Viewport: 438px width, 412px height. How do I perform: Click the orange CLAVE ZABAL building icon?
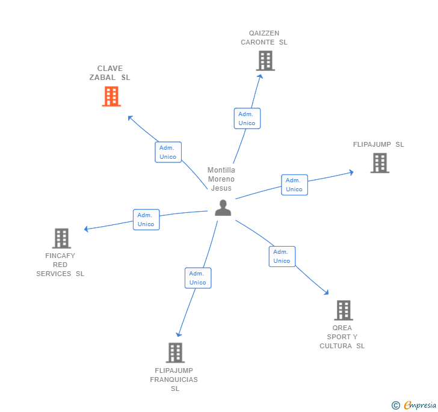(x=111, y=96)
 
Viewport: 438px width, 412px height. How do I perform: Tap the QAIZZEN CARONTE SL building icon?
(x=265, y=61)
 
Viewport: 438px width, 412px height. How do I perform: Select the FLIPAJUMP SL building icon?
(x=380, y=163)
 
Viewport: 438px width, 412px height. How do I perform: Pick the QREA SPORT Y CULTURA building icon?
(x=343, y=310)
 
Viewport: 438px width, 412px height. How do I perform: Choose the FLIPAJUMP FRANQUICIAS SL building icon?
(x=174, y=352)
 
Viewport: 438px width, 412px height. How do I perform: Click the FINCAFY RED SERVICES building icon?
(x=61, y=238)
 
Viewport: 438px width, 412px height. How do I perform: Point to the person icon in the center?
(x=223, y=208)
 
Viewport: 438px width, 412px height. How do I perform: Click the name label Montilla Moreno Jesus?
(x=221, y=179)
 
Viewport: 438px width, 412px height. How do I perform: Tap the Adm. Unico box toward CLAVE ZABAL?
(x=168, y=152)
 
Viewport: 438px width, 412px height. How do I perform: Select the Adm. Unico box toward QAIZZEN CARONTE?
(x=247, y=118)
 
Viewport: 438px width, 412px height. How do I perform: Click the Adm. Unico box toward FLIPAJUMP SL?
(x=294, y=185)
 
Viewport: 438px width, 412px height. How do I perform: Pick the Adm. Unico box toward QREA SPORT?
(x=282, y=256)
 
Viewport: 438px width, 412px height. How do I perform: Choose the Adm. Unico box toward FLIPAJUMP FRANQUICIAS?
(x=197, y=278)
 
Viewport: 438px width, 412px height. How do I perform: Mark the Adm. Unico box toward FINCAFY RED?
(x=146, y=220)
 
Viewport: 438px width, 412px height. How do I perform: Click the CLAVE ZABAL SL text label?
(x=109, y=73)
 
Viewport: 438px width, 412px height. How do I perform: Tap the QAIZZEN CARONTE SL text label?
(x=264, y=38)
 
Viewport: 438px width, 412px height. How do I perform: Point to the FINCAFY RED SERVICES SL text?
(x=60, y=265)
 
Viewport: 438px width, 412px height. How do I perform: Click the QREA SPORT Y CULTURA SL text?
(x=342, y=337)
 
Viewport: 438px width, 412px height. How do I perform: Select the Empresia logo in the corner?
(x=415, y=405)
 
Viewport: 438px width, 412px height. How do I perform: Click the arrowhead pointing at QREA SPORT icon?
(x=327, y=292)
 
